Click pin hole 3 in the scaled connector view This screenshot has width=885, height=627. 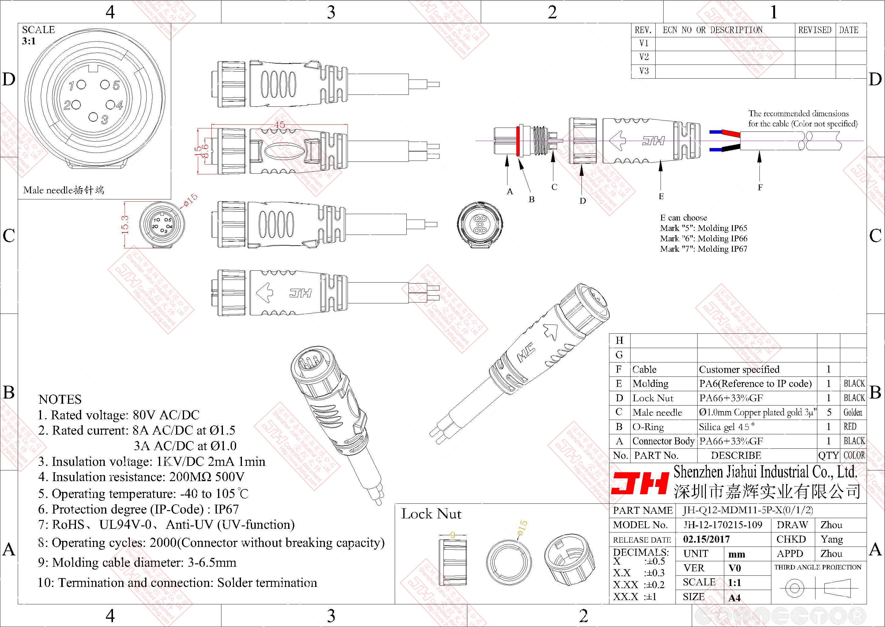pos(93,117)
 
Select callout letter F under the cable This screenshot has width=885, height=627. pos(760,187)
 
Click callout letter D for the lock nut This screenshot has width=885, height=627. pos(582,201)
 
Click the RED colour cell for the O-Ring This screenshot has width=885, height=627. pos(850,427)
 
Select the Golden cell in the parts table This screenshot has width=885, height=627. pos(853,412)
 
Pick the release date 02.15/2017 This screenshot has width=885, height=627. pos(706,539)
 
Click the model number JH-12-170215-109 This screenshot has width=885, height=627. pos(722,525)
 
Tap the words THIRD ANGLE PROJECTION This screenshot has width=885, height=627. pos(818,567)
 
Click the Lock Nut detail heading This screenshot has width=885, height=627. pos(431,514)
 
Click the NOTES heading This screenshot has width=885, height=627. pos(60,399)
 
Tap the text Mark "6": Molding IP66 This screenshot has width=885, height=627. pos(703,239)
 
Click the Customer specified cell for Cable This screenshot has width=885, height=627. pos(739,369)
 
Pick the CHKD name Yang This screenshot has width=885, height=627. pos(832,539)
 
